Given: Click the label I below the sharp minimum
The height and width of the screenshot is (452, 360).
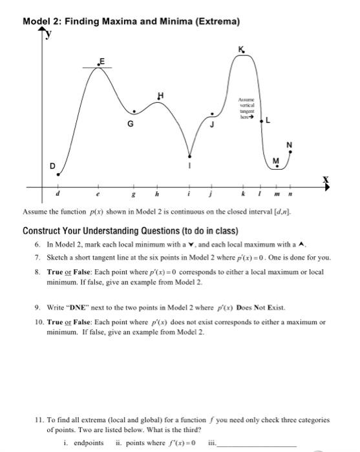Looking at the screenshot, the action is pos(189,166).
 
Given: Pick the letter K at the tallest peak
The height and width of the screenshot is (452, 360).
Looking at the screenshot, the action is pos(241,49).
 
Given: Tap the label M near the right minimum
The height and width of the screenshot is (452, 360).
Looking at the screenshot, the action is pos(276,160).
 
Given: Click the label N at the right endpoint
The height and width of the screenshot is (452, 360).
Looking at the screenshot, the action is pos(289,143).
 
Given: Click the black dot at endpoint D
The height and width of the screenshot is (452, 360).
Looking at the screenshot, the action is pos(58,174).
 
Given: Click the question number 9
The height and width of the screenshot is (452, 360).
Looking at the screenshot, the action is pos(39,308).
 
